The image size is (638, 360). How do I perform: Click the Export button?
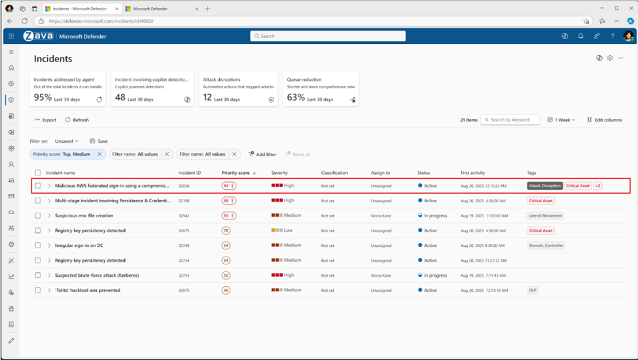(x=46, y=120)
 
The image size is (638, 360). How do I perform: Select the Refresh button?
(x=77, y=120)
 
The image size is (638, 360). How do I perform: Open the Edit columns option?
(x=604, y=120)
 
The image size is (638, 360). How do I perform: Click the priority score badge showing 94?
(x=228, y=186)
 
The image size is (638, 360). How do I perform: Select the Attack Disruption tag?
(x=544, y=186)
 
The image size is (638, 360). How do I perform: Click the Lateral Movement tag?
(x=545, y=215)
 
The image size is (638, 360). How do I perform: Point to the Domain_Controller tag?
(x=546, y=245)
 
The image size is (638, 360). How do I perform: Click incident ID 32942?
(x=185, y=215)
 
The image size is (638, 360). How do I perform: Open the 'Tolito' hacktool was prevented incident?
(x=87, y=290)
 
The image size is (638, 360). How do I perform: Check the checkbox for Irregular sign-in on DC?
(x=38, y=245)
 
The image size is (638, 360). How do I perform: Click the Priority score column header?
(x=236, y=173)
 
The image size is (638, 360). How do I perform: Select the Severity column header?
(x=279, y=173)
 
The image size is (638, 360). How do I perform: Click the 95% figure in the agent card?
(x=43, y=98)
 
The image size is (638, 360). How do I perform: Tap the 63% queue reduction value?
(x=296, y=98)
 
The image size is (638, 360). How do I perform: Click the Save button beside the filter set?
(x=99, y=141)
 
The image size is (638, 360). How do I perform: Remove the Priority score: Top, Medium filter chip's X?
(x=99, y=154)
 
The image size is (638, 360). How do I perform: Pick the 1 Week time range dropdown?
(x=561, y=120)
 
